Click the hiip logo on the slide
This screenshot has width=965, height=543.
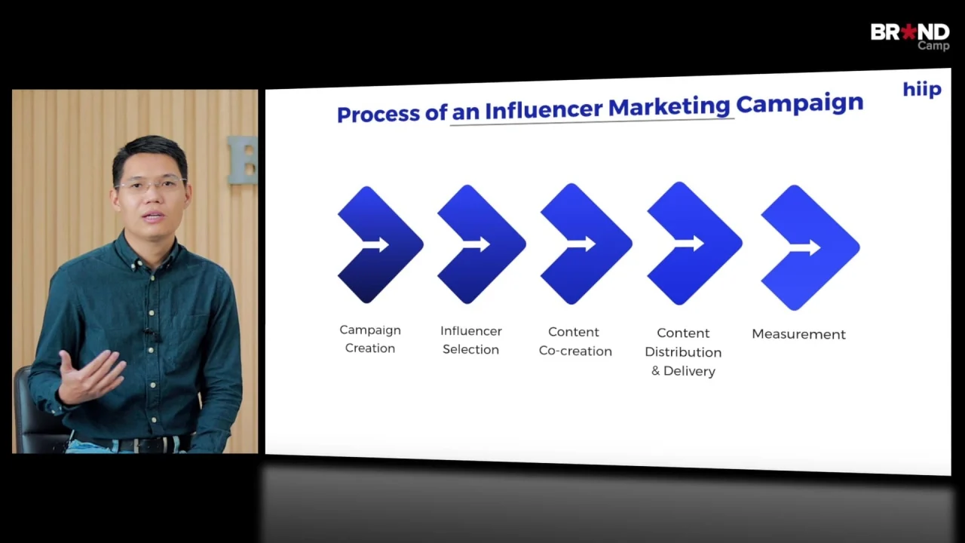922,89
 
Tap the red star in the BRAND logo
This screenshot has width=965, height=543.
909,32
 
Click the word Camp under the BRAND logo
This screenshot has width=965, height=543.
933,46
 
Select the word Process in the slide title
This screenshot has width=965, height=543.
378,114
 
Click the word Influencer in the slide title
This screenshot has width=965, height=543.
544,109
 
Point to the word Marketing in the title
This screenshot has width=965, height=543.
669,107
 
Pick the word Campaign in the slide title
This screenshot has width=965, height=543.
800,104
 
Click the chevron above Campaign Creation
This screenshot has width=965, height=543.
380,245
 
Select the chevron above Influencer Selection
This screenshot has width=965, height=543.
481,244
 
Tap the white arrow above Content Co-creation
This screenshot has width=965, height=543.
581,244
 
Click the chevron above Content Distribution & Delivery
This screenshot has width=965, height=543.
694,244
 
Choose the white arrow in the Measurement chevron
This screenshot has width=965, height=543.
804,247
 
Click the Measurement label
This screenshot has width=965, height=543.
798,334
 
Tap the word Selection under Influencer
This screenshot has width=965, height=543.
471,349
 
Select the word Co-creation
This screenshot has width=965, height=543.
575,351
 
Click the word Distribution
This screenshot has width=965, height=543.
683,352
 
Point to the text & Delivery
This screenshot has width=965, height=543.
683,371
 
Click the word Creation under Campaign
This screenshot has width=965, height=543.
370,348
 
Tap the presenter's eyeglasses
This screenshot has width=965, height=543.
152,185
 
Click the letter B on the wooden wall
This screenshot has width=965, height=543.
243,160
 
